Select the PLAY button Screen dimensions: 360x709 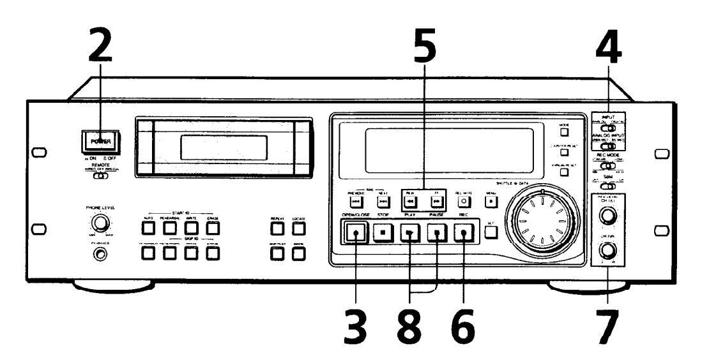click(x=409, y=234)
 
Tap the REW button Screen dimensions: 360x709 click(x=409, y=202)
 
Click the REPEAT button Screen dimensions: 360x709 click(x=277, y=228)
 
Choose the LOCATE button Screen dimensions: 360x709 click(x=297, y=228)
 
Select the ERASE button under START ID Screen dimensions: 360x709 click(x=213, y=228)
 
